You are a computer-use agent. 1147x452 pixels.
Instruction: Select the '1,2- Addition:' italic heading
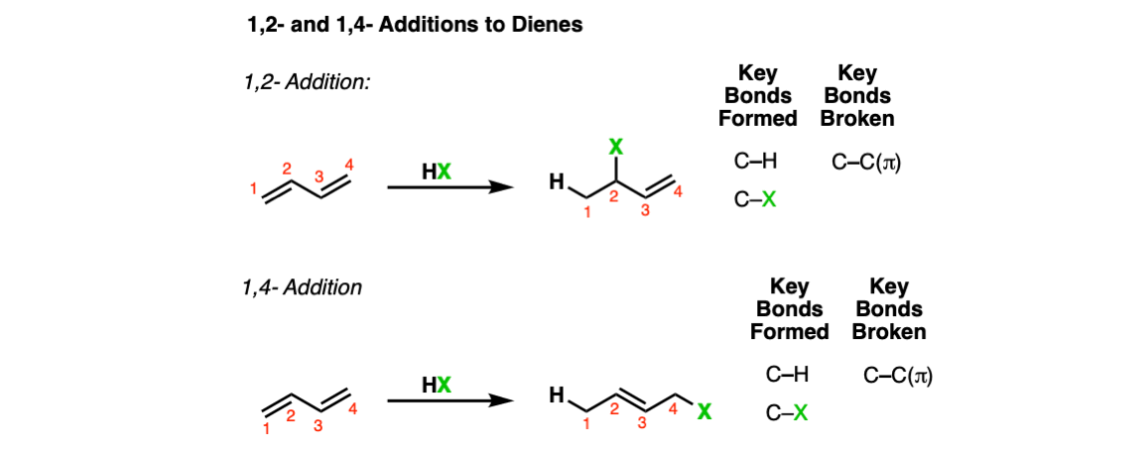pos(307,83)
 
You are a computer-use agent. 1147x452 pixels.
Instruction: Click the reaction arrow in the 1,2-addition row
pos(447,187)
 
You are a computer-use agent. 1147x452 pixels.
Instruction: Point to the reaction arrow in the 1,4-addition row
pos(447,400)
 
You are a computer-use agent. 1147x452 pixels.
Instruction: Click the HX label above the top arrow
pos(438,169)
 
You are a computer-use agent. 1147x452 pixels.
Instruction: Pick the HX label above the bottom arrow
pos(438,384)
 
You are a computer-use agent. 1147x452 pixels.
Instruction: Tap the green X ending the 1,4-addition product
pos(703,412)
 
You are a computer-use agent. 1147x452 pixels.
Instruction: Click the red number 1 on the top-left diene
pos(253,190)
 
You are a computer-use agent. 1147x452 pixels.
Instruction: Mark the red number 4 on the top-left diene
pos(348,166)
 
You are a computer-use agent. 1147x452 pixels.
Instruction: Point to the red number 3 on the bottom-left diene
pos(319,428)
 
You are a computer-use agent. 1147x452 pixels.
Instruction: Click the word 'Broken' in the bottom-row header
pos(889,331)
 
